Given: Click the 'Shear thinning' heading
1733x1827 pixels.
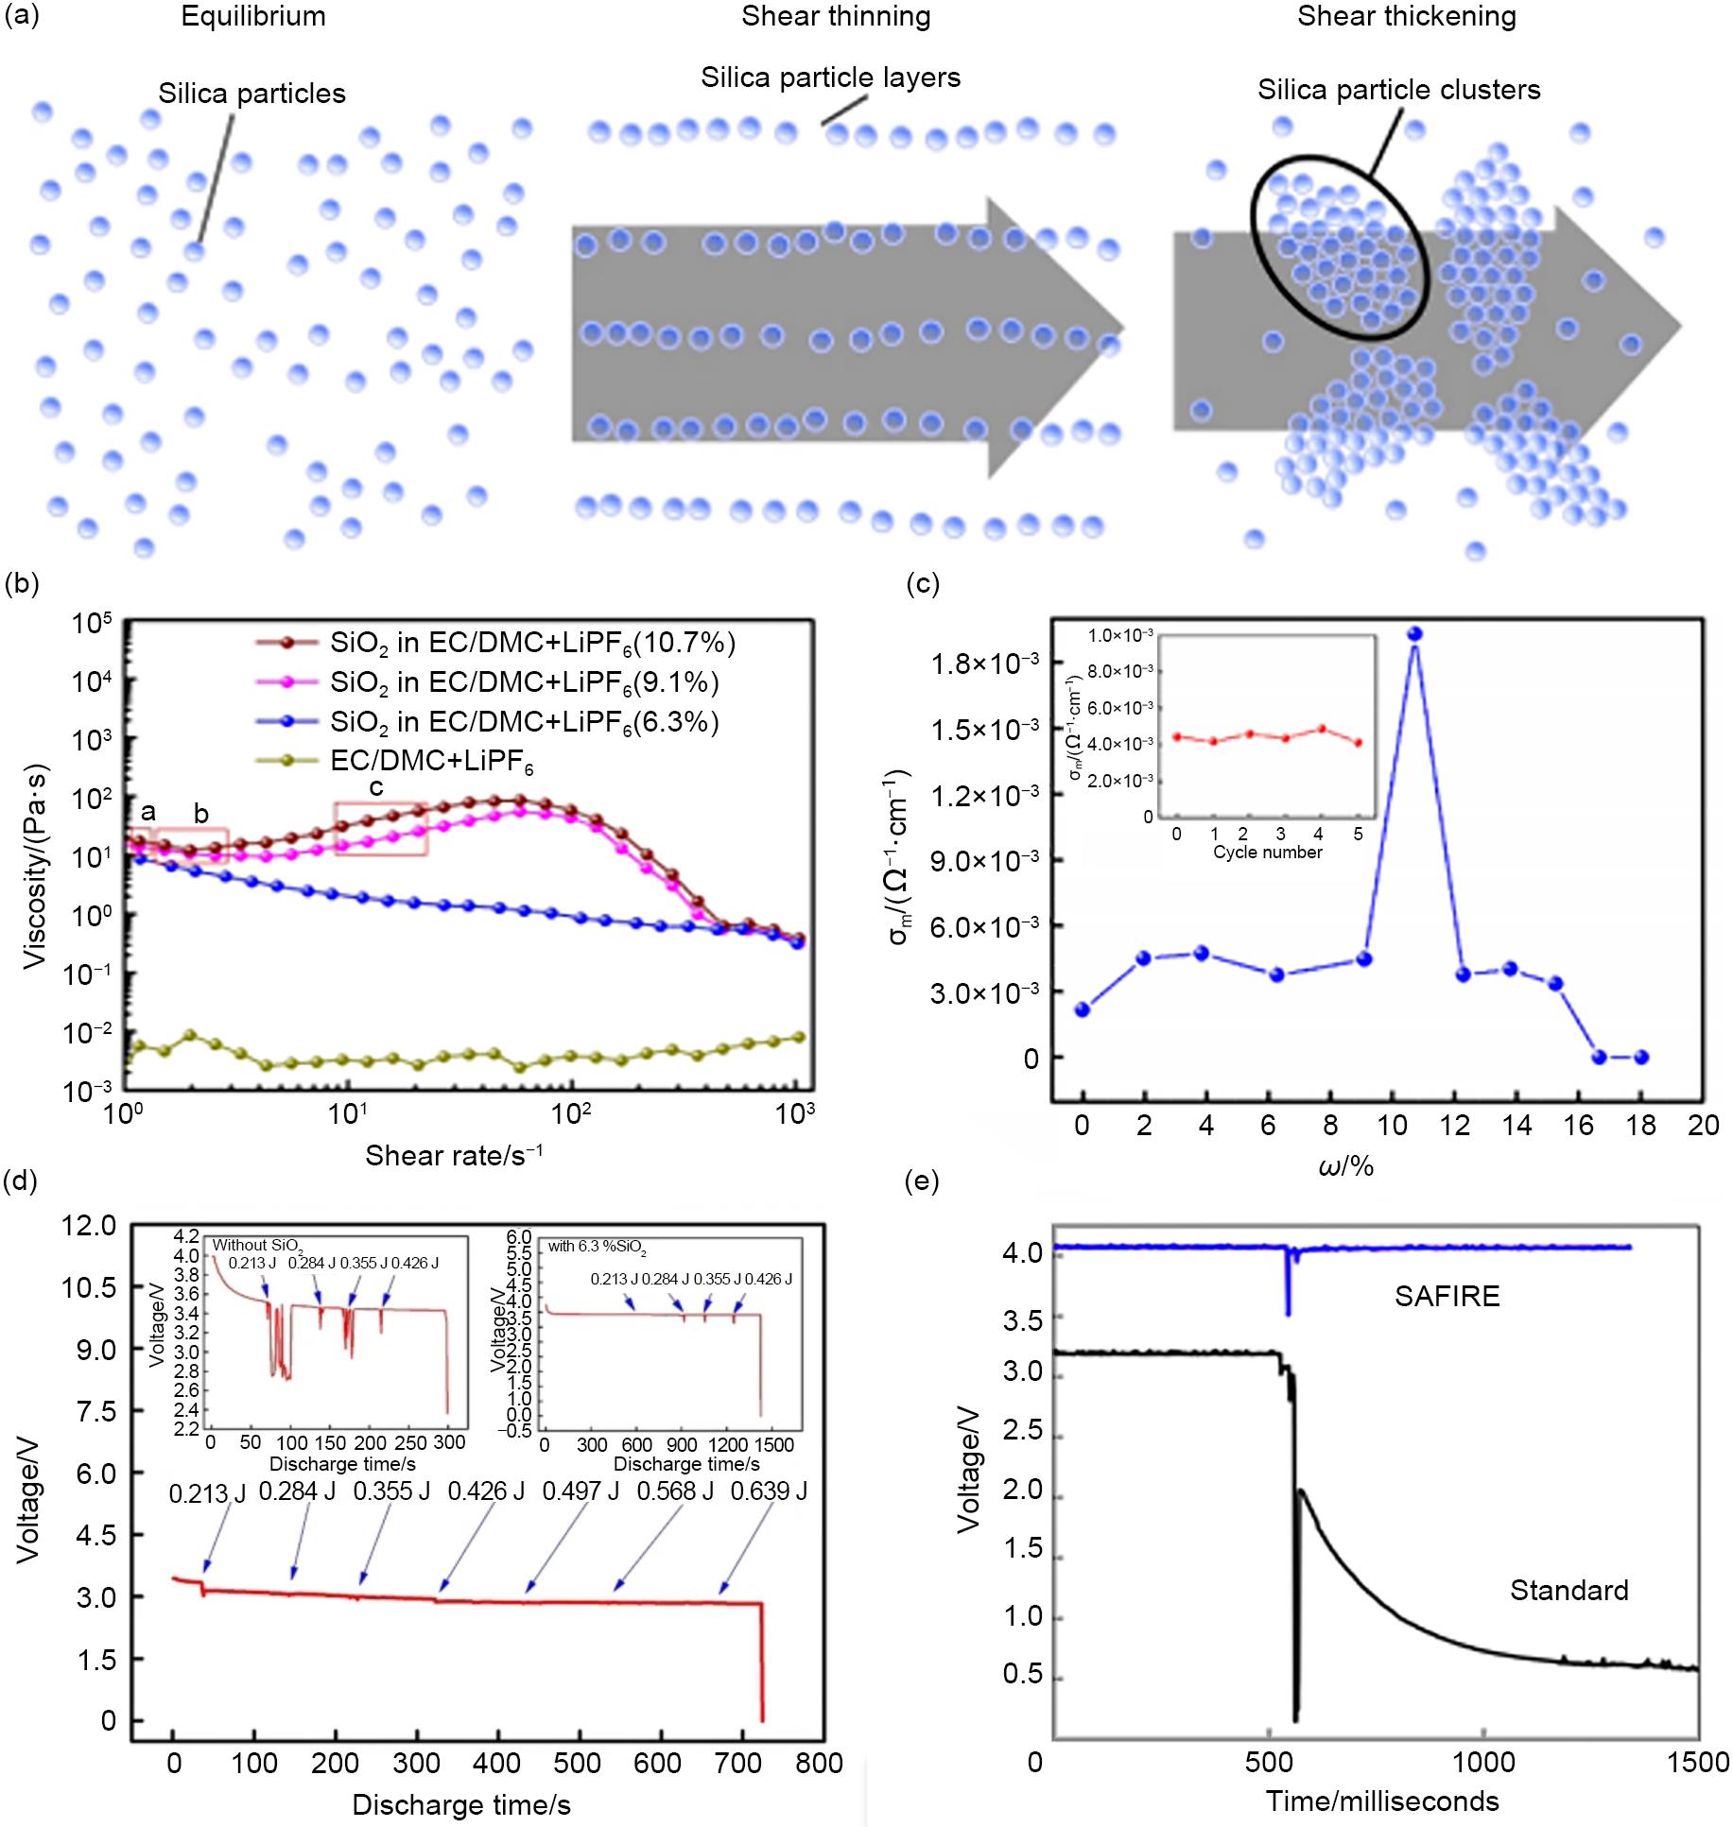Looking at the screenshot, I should click(835, 17).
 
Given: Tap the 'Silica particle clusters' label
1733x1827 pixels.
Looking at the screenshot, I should click(1398, 91).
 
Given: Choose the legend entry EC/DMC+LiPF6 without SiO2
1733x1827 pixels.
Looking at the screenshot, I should click(431, 762).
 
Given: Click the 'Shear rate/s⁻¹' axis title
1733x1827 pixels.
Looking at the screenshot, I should click(454, 1155).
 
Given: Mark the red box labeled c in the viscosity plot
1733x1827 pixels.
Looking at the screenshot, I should click(380, 829).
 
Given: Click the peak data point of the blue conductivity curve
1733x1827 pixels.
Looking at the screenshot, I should click(1414, 634).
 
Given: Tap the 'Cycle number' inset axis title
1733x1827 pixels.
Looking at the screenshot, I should click(1267, 853).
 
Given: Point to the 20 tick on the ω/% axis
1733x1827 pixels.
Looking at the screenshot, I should click(1703, 1126).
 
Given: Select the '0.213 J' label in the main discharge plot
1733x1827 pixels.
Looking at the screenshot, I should click(206, 1493).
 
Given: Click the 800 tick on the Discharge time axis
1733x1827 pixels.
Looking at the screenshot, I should click(819, 1764).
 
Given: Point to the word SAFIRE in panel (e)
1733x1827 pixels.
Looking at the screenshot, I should click(1447, 1296).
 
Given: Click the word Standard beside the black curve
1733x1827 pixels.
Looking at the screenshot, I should click(1568, 1591).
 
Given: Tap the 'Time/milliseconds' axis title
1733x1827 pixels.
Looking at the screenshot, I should click(1382, 1801).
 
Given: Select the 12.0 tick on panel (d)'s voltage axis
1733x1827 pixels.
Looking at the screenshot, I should click(88, 1227).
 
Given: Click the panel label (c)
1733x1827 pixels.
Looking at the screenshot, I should click(922, 584).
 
